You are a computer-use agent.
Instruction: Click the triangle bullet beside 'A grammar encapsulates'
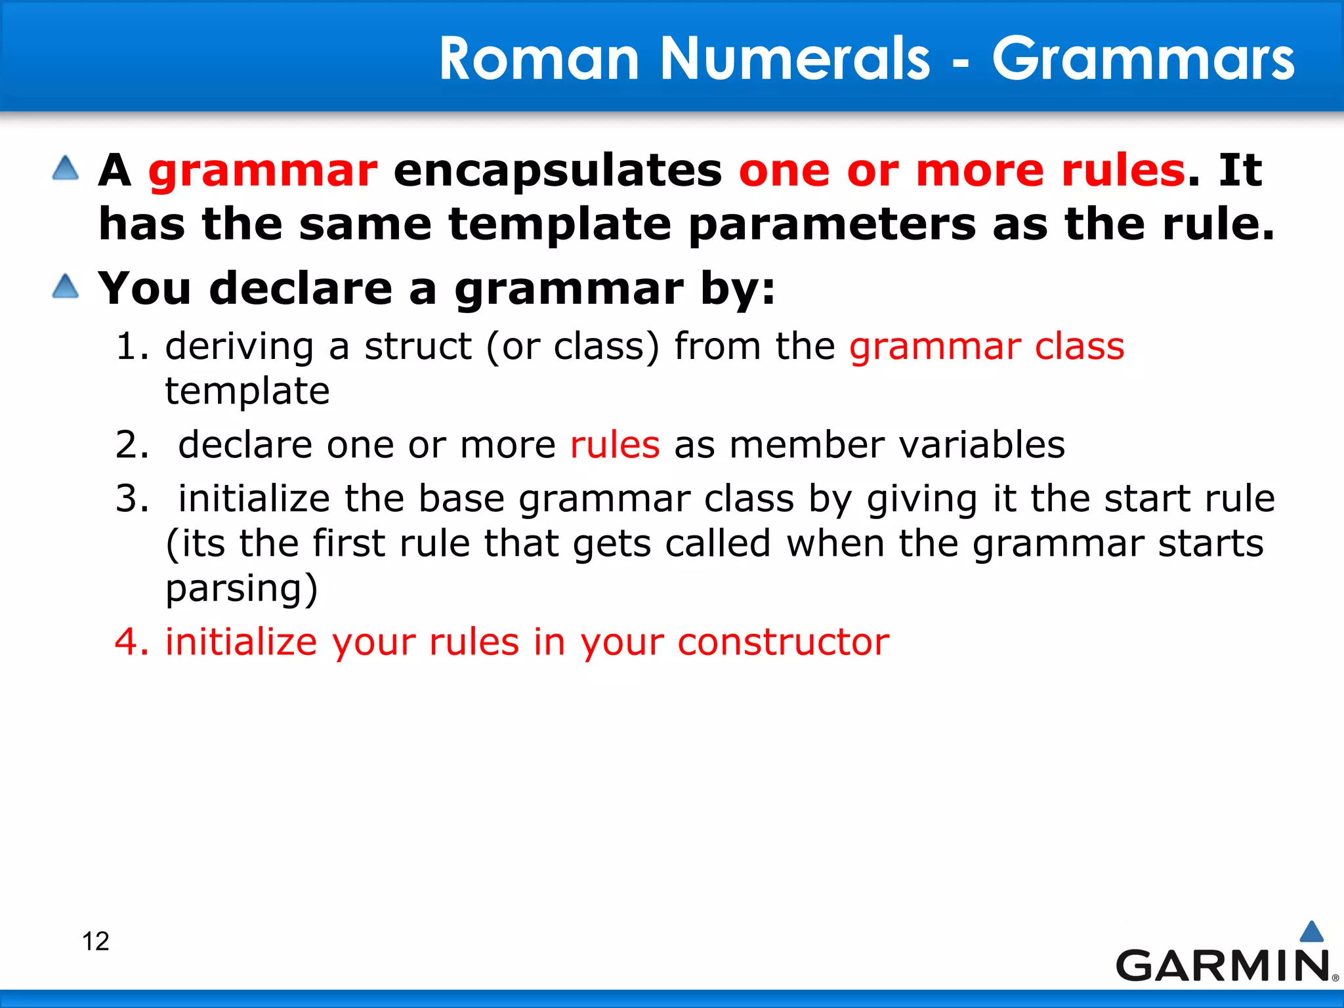(x=66, y=168)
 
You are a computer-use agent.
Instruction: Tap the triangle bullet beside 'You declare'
(x=66, y=287)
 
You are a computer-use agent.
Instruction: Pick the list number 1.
(x=132, y=346)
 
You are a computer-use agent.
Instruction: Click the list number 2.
(x=132, y=445)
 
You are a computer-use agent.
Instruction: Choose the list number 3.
(x=132, y=499)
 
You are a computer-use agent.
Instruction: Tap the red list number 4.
(x=132, y=642)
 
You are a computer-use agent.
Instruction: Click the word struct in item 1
(x=418, y=346)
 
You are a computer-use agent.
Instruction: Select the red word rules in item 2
(x=615, y=445)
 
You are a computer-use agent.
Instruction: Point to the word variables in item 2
(x=982, y=445)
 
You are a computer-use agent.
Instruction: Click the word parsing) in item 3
(x=241, y=589)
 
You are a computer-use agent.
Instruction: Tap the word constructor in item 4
(x=783, y=642)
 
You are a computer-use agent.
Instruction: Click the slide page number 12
(x=95, y=941)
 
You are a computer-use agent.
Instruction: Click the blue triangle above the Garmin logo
(x=1311, y=932)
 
